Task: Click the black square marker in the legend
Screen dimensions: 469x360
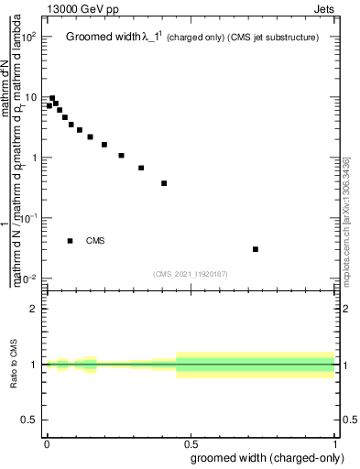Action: [x=71, y=241]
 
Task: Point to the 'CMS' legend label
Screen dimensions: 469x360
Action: [x=95, y=241]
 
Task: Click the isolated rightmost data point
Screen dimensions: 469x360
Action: [x=256, y=249]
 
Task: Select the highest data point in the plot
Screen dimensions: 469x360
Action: [x=52, y=98]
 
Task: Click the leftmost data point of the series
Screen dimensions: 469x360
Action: [x=49, y=105]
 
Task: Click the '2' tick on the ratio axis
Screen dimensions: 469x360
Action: [x=34, y=309]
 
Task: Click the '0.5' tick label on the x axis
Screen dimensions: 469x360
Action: [x=191, y=443]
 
